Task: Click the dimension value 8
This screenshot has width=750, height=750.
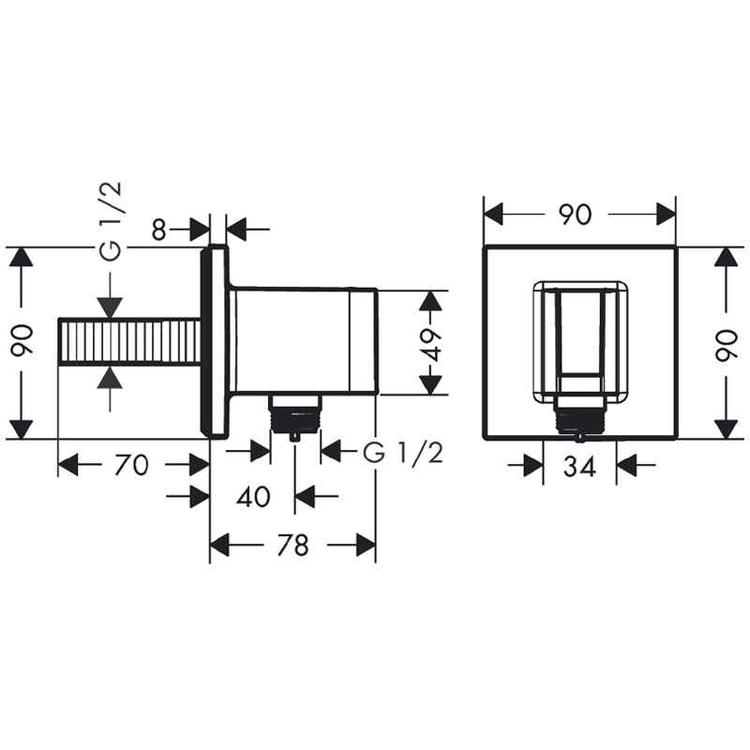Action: click(159, 230)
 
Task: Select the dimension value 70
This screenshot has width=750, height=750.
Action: click(132, 465)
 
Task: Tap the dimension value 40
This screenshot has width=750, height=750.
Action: click(253, 497)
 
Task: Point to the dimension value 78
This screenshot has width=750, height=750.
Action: click(293, 546)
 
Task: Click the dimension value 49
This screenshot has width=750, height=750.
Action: click(433, 344)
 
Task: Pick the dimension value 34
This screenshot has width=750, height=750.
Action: click(579, 466)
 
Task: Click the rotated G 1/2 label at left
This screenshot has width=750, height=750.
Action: click(111, 221)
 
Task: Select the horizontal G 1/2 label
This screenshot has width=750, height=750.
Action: click(403, 453)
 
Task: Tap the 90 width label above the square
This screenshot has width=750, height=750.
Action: click(576, 215)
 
